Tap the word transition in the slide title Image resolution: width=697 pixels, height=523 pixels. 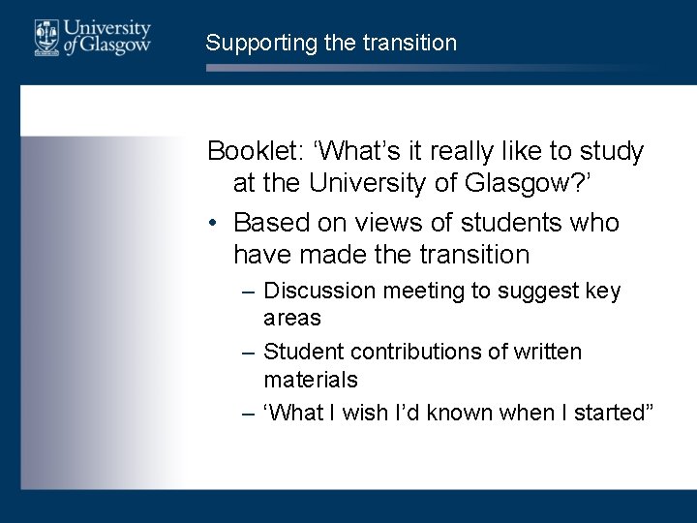(x=411, y=43)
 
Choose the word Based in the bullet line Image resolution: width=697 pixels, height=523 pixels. (x=271, y=223)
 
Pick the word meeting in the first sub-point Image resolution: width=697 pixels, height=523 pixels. (x=423, y=292)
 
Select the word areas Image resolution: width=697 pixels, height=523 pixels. (x=292, y=318)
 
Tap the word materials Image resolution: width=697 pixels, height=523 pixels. (x=311, y=379)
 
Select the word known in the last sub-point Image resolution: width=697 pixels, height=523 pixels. (x=460, y=414)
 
